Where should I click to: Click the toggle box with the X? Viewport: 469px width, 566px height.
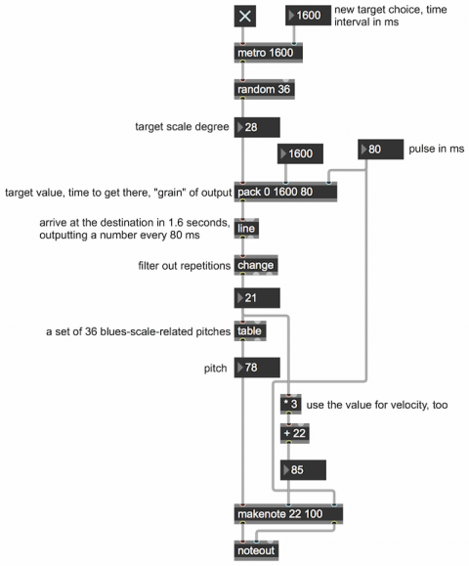tap(245, 17)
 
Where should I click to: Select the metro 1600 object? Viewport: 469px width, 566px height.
tap(268, 53)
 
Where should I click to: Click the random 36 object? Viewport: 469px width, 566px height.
tap(264, 89)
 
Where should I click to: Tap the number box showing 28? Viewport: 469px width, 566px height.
tap(257, 127)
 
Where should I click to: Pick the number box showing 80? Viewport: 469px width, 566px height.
tap(381, 150)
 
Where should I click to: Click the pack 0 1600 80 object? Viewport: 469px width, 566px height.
tap(285, 192)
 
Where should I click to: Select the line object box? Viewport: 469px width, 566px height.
tap(246, 228)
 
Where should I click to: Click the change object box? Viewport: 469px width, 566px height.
tap(256, 265)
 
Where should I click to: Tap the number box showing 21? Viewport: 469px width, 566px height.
tap(257, 298)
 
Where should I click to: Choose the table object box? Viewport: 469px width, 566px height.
tap(250, 330)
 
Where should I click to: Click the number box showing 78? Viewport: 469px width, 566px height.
tap(257, 368)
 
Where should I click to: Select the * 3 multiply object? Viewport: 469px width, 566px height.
tap(291, 404)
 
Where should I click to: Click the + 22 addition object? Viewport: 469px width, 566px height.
tap(295, 433)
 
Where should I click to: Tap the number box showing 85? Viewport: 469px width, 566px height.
tap(303, 470)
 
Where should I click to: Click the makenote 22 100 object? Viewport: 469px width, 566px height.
tap(288, 513)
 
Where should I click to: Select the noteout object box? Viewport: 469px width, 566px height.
tap(256, 550)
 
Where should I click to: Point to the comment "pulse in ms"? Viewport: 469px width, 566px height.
tap(436, 149)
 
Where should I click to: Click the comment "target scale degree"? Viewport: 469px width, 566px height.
tap(182, 127)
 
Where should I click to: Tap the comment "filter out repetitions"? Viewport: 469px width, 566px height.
tap(184, 266)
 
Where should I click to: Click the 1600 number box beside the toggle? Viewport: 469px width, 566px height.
tap(308, 16)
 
